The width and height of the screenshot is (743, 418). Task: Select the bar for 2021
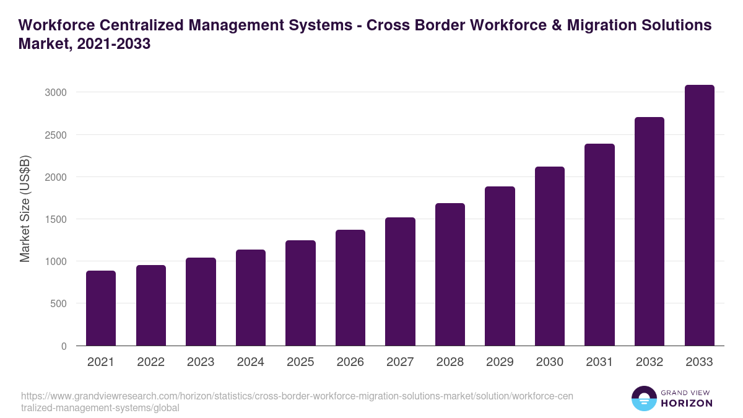101,308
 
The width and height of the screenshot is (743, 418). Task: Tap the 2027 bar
400,281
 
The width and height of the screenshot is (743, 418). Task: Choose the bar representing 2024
251,297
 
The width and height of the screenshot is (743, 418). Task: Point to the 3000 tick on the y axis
55,92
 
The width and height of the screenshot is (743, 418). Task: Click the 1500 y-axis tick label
55,219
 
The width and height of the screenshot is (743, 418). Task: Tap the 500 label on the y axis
58,303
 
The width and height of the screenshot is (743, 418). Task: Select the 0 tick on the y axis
63,346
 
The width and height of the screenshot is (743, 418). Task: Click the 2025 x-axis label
300,362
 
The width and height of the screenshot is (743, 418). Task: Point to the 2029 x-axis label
500,362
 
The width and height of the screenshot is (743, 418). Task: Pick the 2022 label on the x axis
150,362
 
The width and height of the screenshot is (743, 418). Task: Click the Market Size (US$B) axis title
25,208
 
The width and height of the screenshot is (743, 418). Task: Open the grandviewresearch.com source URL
297,402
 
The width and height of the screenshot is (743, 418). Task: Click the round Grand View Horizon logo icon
643,398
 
